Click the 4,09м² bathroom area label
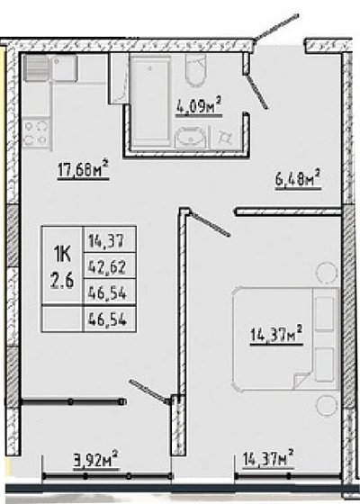click(199, 106)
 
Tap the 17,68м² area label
click(84, 169)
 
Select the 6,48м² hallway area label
click(298, 180)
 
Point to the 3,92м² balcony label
click(96, 461)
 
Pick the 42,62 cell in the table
click(107, 266)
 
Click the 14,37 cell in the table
click(106, 241)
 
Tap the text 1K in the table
click(62, 256)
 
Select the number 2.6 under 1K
click(62, 282)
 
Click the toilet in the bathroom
click(195, 70)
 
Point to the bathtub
click(150, 101)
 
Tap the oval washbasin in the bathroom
click(190, 138)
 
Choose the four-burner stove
click(36, 134)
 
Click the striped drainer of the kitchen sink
click(37, 68)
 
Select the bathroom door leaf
click(256, 91)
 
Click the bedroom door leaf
click(209, 223)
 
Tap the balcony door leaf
click(148, 391)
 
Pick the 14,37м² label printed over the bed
click(276, 335)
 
